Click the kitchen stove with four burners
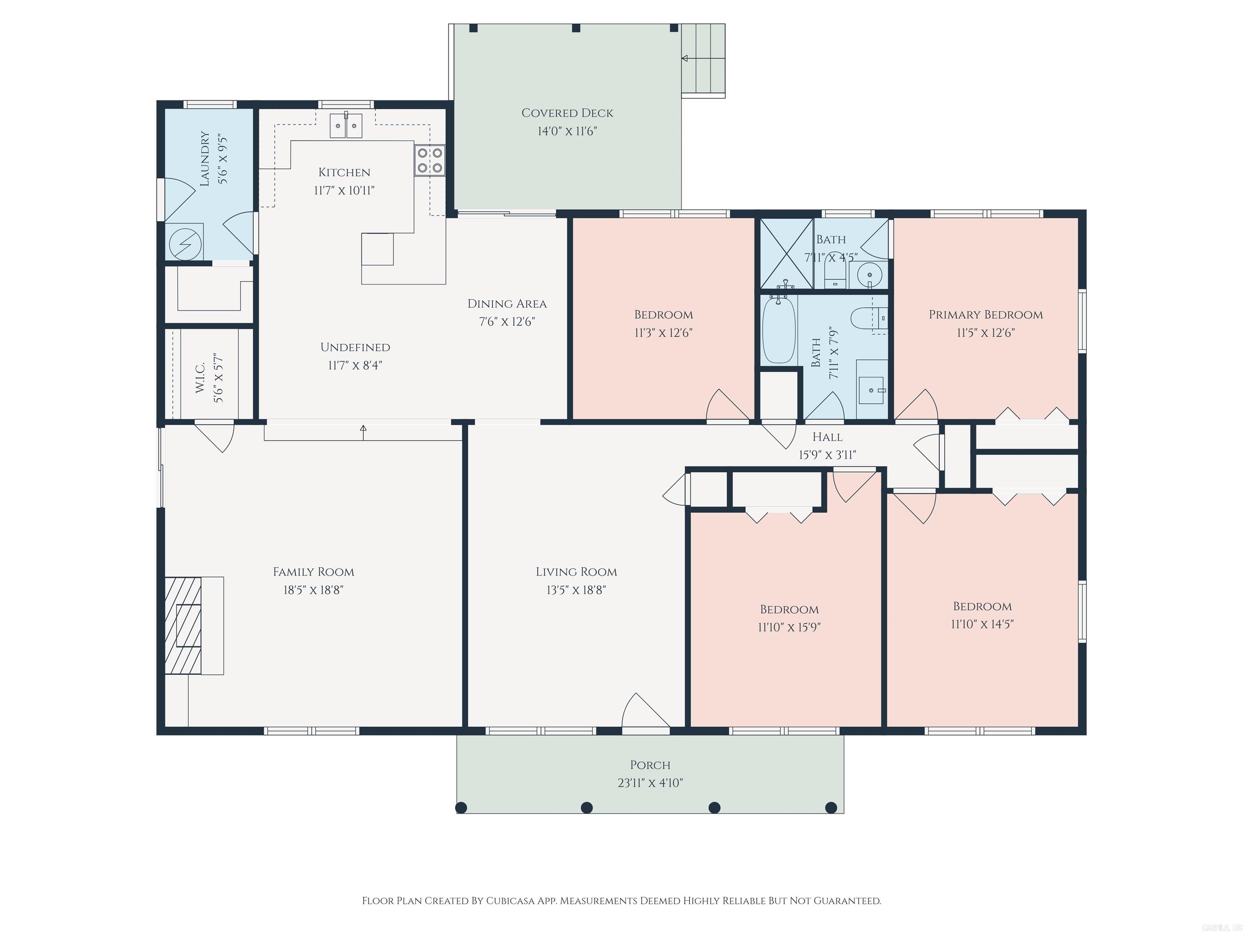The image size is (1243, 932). tap(430, 160)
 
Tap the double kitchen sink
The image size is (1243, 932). tap(346, 126)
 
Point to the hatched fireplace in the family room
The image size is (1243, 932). tap(183, 625)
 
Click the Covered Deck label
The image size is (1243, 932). tap(567, 113)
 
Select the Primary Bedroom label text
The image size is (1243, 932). tap(985, 315)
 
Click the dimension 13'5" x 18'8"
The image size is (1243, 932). tap(576, 590)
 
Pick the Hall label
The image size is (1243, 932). tap(827, 437)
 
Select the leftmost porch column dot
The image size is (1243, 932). tap(461, 808)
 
